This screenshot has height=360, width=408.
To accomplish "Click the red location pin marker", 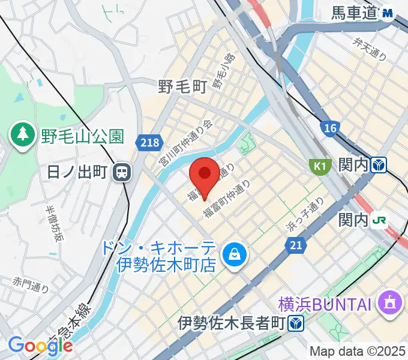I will click(x=204, y=174).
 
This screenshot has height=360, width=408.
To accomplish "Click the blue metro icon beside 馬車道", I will click(x=389, y=12).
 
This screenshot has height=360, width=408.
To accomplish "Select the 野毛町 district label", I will click(x=182, y=87).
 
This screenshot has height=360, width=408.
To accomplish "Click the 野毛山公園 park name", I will click(x=82, y=137).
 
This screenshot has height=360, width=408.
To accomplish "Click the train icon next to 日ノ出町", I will click(x=122, y=173).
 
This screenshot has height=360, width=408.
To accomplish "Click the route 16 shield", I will click(x=329, y=128).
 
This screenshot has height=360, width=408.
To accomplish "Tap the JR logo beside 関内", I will click(x=379, y=220).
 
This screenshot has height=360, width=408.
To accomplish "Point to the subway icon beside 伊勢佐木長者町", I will click(x=295, y=324).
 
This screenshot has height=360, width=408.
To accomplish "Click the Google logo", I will click(x=40, y=345).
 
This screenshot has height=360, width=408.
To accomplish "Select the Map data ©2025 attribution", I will click(x=358, y=350).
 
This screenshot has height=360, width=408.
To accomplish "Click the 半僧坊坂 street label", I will click(x=54, y=223).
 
